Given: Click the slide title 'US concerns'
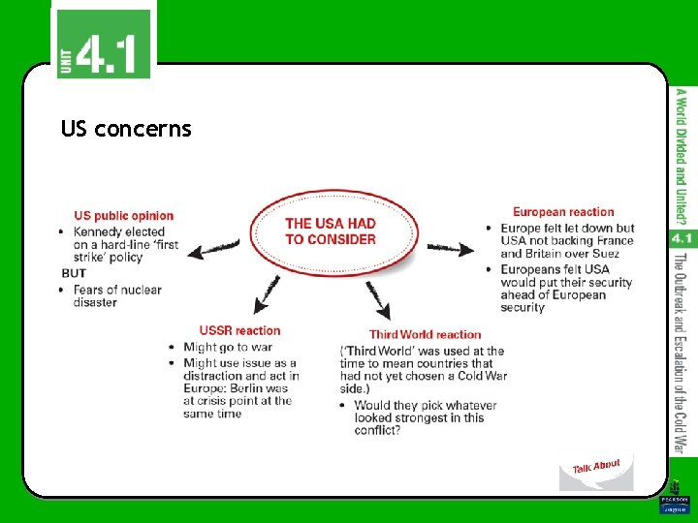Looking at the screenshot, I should [x=126, y=129].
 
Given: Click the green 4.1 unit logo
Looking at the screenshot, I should [x=104, y=44].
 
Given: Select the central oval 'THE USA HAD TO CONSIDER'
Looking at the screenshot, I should [x=330, y=231].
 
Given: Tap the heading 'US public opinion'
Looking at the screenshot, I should [x=124, y=216].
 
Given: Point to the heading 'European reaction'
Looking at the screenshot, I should [x=563, y=212].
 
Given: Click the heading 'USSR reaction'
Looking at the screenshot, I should [x=239, y=330].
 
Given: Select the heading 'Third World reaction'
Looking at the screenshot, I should [x=425, y=335].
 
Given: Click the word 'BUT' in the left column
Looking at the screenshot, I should [x=74, y=274].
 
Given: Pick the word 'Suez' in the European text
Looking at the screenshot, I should [x=602, y=254].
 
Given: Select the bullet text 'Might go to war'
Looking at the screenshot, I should [x=228, y=347].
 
